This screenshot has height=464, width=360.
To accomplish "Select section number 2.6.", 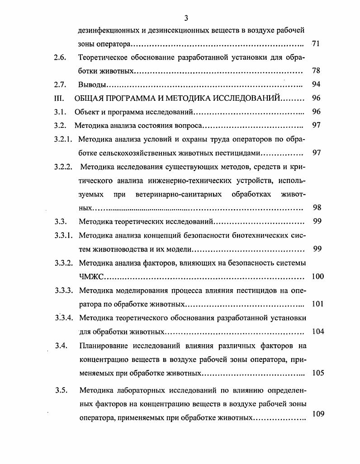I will [x=60, y=58].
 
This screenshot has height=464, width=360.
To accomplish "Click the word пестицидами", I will [x=241, y=153].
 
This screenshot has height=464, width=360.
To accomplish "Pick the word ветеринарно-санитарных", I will [x=178, y=194].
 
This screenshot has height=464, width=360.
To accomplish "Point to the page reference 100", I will [x=317, y=277].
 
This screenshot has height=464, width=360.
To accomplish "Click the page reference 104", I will [x=317, y=332].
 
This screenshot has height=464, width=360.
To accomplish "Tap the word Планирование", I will [x=102, y=346].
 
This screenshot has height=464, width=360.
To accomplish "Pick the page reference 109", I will [x=318, y=413].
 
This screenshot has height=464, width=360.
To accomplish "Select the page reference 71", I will [x=316, y=44].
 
